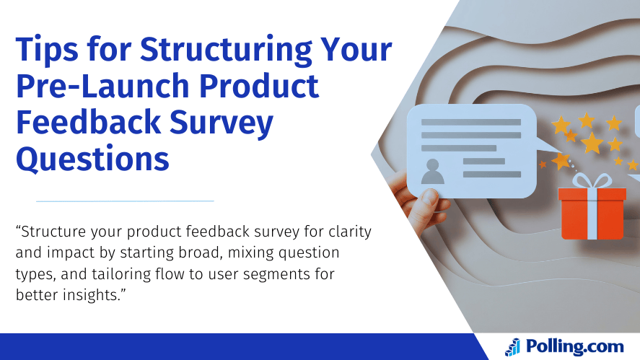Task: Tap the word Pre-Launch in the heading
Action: (102, 87)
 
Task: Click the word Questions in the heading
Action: (93, 158)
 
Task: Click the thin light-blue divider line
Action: (125, 201)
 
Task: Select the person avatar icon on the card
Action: (433, 171)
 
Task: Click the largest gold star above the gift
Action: (592, 142)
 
